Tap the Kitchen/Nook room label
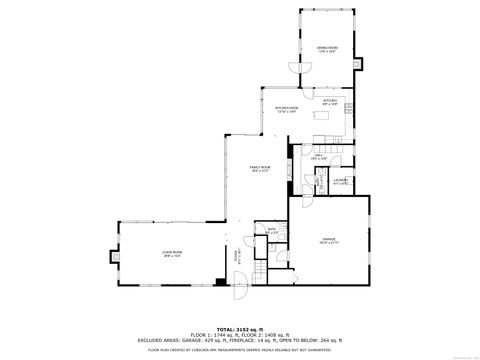coord(287,109)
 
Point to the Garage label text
coord(328,240)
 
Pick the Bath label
coord(270,231)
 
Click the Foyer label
coord(238,258)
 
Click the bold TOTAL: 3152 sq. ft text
coord(240,326)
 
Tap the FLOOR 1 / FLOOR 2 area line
coord(240,333)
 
